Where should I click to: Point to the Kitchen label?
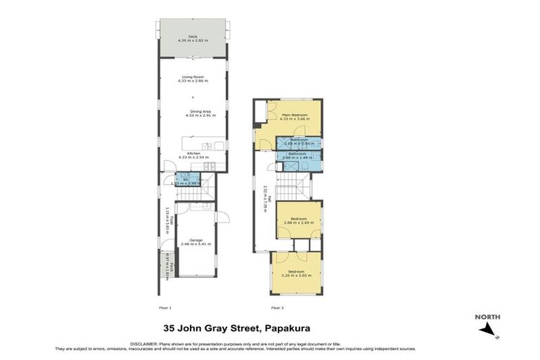[193, 155]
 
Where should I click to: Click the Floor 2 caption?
[278, 308]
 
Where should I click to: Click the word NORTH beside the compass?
[487, 317]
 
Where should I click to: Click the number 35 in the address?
[169, 328]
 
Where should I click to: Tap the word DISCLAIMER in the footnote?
[145, 342]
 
